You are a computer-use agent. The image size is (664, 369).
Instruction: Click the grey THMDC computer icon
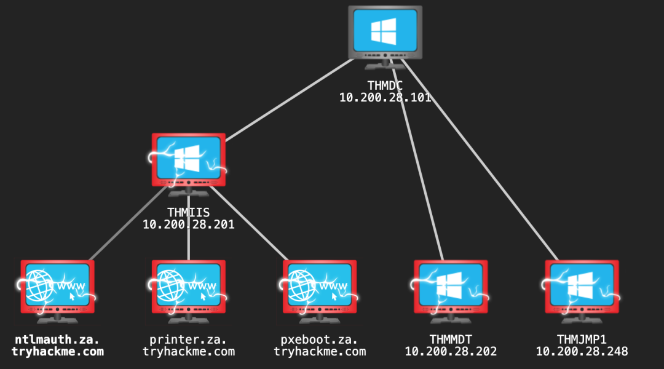pos(385,38)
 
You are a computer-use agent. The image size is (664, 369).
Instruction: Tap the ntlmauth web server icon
pos(57,292)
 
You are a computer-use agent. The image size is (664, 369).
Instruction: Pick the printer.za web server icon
pos(189,292)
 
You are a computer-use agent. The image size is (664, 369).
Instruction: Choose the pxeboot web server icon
pos(319,292)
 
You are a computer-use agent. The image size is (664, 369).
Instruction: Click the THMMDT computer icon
pos(451,292)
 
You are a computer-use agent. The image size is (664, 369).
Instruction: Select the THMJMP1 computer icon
pos(582,292)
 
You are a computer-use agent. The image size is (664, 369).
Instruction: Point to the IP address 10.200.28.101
pos(385,97)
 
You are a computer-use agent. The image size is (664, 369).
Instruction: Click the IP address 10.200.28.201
pos(189,224)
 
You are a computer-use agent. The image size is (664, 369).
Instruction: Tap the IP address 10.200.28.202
pos(451,352)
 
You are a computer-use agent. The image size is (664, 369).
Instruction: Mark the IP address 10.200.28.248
pos(582,352)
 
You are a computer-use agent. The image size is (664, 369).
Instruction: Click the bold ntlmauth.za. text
pos(57,339)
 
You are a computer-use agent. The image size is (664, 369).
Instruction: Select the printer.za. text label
pos(189,339)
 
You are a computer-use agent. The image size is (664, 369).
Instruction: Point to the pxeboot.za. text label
pos(319,339)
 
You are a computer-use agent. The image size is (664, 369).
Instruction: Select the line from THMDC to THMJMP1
pos(480,160)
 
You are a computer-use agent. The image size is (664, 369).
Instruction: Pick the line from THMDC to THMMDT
pos(417,160)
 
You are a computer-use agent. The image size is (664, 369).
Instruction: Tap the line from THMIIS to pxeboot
pos(249,223)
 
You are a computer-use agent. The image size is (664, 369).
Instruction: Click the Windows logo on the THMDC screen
pos(384,31)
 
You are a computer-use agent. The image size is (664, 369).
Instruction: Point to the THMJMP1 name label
pos(582,339)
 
